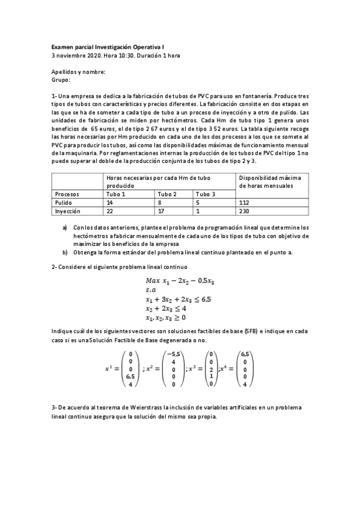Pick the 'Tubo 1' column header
[x=116, y=194]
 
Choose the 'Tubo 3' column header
[x=205, y=194]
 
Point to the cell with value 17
[x=162, y=212]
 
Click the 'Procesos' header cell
[x=67, y=194]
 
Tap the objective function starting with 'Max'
[x=180, y=281]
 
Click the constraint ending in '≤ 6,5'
[x=179, y=299]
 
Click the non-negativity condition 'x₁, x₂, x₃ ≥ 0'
[x=166, y=317]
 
